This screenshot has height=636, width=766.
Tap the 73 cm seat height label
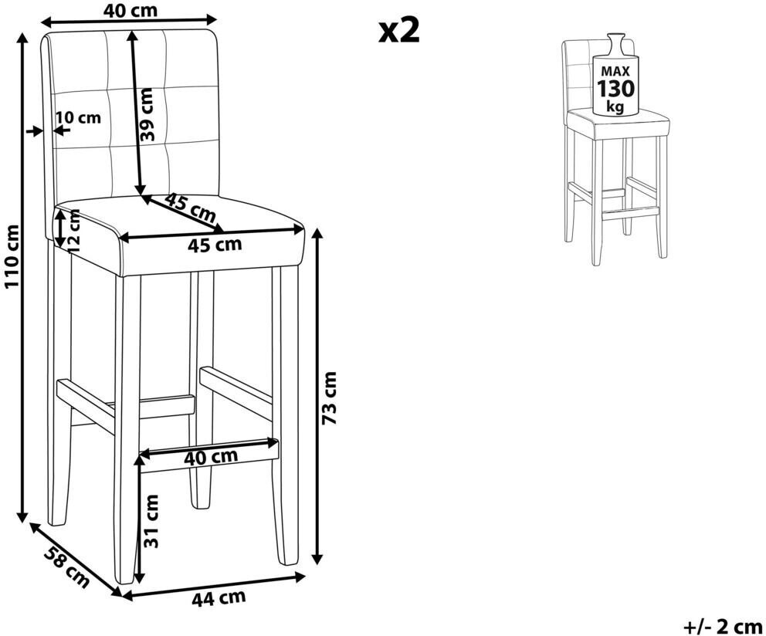pos(330,397)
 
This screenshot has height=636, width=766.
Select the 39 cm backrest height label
pos(147,114)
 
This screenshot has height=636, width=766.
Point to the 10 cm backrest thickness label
pos(78,117)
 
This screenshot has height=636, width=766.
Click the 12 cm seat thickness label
pos(74,230)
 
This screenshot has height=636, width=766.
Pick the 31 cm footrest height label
pos(151,521)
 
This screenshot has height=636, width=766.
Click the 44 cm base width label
pos(219,597)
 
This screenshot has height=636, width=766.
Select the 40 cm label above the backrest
pos(130,10)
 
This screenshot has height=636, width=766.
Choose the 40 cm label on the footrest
pos(211,457)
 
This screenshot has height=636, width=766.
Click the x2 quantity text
pos(399,31)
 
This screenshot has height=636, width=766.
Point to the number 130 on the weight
pos(615,89)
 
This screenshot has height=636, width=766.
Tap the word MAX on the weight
pos(615,71)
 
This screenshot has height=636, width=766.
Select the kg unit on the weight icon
pos(615,106)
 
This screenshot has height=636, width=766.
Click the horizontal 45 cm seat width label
pos(215,244)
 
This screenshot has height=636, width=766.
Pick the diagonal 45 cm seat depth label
pos(189,207)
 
